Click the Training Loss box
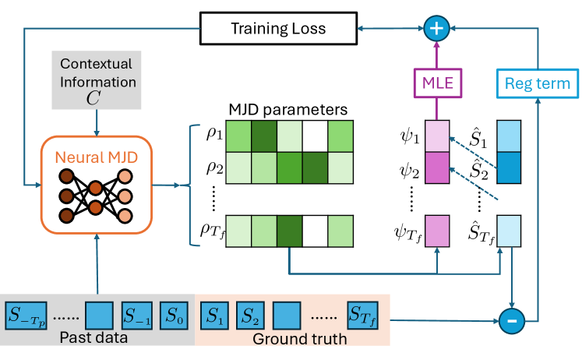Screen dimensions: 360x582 tap(277, 29)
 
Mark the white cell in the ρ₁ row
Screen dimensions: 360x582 tap(314, 133)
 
